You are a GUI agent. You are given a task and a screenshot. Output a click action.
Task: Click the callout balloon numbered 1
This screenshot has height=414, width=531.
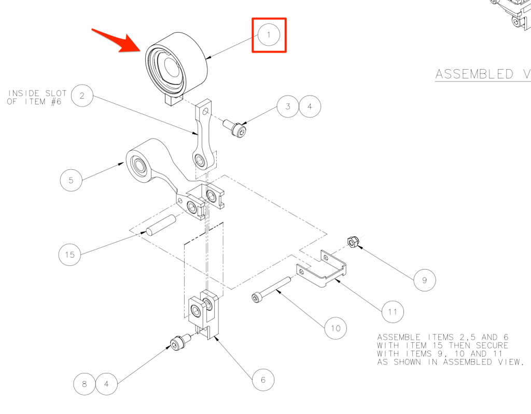[269, 35]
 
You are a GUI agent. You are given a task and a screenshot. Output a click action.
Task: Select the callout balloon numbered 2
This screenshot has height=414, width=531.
[82, 96]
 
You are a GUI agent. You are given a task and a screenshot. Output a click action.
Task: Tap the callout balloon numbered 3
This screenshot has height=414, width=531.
[288, 106]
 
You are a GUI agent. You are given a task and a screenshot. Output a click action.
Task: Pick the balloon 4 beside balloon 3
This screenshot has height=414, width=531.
[310, 106]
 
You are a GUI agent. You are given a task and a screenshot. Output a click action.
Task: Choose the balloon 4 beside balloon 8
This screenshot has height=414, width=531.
[106, 384]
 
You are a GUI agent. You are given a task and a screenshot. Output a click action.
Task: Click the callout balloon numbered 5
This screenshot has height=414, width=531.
[71, 180]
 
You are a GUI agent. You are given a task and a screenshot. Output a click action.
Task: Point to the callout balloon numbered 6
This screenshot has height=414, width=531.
[263, 380]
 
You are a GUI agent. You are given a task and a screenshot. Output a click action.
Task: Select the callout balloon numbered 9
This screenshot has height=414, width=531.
[425, 280]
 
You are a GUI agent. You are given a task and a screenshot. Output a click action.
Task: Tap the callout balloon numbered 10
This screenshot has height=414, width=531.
[336, 328]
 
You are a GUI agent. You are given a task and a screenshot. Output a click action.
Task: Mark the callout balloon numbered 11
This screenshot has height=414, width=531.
[393, 312]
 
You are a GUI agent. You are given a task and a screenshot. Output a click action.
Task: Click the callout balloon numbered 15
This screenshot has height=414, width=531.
[70, 255]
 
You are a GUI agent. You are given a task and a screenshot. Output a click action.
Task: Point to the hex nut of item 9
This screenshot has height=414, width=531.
[353, 242]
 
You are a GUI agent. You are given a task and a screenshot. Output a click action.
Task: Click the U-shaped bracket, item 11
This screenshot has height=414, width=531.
[321, 269]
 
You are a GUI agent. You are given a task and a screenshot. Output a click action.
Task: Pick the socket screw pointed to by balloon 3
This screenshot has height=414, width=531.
[235, 127]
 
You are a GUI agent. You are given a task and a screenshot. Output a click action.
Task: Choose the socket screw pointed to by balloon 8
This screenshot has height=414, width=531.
[180, 342]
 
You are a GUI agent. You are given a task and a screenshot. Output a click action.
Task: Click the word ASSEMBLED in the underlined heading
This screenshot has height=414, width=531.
[474, 74]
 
